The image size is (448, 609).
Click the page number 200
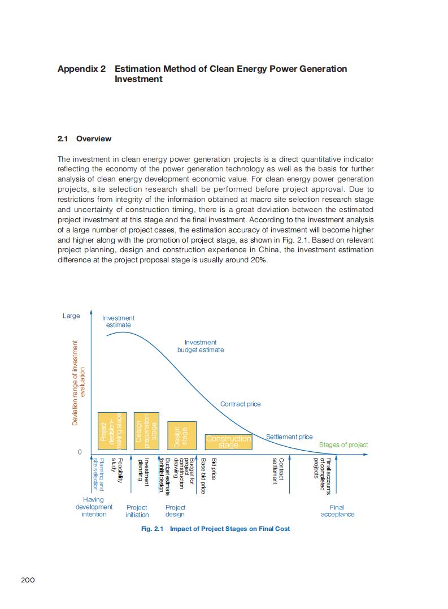pos(28,580)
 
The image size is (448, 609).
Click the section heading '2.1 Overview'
pos(85,139)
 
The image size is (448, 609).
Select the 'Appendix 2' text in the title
pos(82,69)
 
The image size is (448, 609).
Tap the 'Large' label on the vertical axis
pos(71,316)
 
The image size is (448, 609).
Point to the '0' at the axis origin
pos(80,452)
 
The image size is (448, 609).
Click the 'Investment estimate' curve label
pos(119,321)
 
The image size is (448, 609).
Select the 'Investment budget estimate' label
pos(201,346)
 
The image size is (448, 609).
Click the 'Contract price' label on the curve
pos(241,404)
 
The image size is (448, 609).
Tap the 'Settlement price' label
pos(289,437)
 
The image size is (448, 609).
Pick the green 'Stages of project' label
pos(343,445)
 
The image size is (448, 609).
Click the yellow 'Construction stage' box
pos(228,442)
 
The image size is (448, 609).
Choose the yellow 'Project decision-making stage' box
pos(110,431)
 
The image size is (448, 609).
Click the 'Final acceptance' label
pos(337,511)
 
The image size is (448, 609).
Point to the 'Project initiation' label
pos(137,511)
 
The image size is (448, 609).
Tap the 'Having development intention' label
pos(94,507)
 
